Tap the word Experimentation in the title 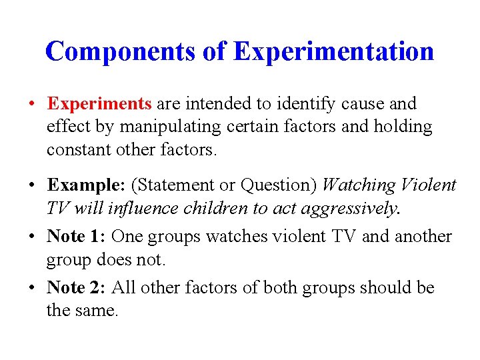[333, 51]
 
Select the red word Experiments [100, 104]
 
